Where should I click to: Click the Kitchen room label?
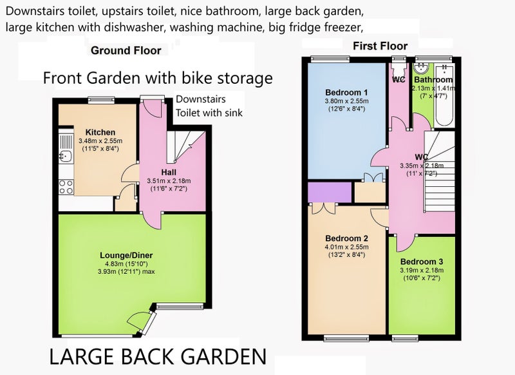(100, 133)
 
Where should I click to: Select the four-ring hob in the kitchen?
(66, 187)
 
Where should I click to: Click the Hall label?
(169, 172)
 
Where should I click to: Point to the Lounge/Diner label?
(126, 255)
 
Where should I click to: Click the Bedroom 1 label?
(346, 92)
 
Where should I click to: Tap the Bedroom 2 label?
(346, 238)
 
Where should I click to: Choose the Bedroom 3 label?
(422, 262)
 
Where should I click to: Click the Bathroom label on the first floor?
(433, 79)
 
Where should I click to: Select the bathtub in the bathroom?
(444, 95)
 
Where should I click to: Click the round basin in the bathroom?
(421, 68)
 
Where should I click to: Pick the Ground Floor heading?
(126, 51)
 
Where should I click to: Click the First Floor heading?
(380, 46)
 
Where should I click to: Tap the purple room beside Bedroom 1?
(330, 192)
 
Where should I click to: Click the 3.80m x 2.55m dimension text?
(346, 101)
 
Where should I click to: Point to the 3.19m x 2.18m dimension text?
(422, 271)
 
